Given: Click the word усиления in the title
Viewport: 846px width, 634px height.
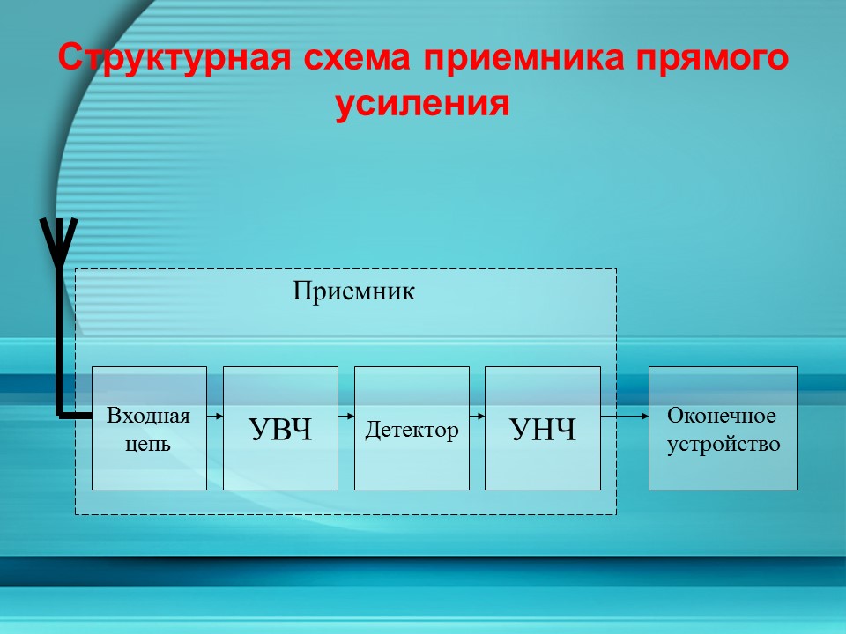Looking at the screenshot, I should click(422, 104).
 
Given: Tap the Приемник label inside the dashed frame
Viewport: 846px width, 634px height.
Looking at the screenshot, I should click(353, 291).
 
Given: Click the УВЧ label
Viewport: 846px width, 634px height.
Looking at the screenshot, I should click(280, 430).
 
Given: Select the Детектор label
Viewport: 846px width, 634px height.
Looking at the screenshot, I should click(412, 430).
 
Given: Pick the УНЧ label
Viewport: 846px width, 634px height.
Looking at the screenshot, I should click(543, 430).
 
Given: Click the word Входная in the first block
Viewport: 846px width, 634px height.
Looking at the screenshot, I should click(148, 416).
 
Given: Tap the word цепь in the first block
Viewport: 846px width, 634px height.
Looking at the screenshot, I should click(148, 444).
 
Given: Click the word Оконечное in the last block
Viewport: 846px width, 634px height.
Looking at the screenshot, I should click(722, 415).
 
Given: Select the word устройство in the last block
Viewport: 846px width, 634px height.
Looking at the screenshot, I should click(724, 444).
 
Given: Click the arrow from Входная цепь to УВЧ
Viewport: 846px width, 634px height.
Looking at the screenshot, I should click(215, 414).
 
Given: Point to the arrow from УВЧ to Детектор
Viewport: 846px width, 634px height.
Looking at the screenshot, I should click(345, 414).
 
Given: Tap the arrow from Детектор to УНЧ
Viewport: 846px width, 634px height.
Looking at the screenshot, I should click(477, 414).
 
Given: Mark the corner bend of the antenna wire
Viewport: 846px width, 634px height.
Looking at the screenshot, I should click(60, 412).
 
